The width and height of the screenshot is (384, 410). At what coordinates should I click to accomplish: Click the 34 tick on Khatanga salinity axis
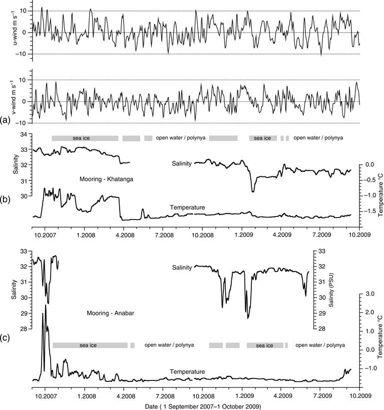[23, 134]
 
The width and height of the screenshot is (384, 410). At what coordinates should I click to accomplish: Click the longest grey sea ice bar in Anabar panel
[90, 345]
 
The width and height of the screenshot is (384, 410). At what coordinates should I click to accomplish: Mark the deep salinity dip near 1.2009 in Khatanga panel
[253, 191]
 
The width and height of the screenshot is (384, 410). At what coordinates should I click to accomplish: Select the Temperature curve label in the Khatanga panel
[187, 208]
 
